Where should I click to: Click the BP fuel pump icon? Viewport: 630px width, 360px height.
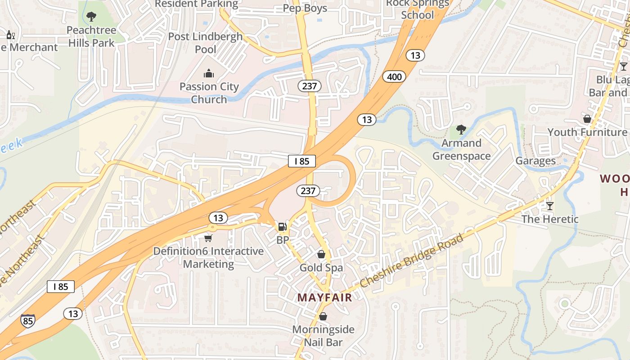[x=282, y=226]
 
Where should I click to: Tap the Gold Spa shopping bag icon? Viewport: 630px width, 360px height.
[x=321, y=255]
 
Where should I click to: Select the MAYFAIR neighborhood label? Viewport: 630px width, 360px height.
[x=324, y=297]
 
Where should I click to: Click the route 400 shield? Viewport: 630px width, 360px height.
[x=394, y=77]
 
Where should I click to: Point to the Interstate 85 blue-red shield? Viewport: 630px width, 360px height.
[x=27, y=320]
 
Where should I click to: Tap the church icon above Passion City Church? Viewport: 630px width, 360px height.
[x=209, y=73]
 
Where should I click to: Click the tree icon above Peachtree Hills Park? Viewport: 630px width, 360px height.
[x=91, y=17]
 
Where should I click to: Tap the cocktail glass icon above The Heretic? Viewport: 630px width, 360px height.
[x=549, y=206]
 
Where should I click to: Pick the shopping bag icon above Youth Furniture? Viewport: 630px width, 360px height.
[x=587, y=119]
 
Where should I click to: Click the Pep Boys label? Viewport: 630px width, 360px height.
[x=305, y=8]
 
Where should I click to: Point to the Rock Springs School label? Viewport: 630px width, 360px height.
[x=418, y=9]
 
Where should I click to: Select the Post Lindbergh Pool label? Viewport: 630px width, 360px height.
[x=205, y=43]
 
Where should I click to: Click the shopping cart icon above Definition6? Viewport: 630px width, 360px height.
[x=208, y=238]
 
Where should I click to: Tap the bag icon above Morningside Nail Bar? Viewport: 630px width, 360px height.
[x=323, y=316]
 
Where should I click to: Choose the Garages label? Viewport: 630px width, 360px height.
[x=535, y=161]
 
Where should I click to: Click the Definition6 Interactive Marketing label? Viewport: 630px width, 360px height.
[x=208, y=257]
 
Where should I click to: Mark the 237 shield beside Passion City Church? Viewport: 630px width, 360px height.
[x=309, y=86]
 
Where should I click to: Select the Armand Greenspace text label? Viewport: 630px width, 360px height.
[x=461, y=149]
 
